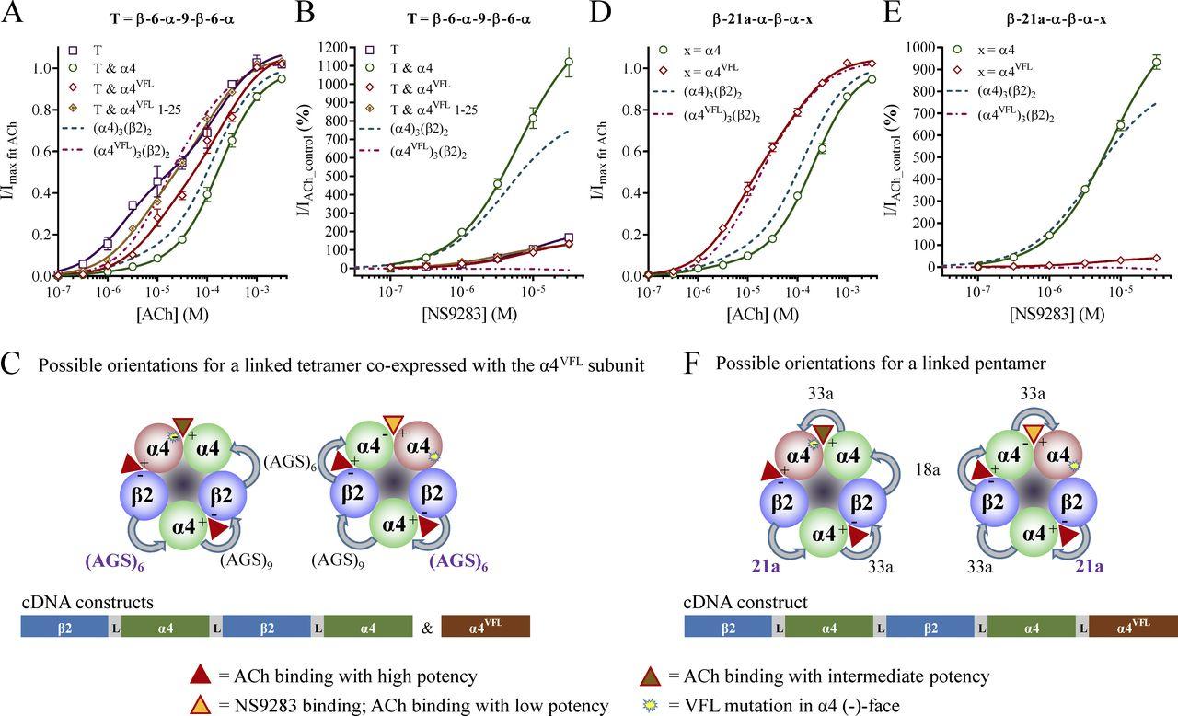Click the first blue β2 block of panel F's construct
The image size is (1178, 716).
click(x=728, y=627)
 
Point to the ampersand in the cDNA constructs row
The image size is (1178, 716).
click(x=427, y=627)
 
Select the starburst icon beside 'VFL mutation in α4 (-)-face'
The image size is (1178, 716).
click(x=653, y=705)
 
